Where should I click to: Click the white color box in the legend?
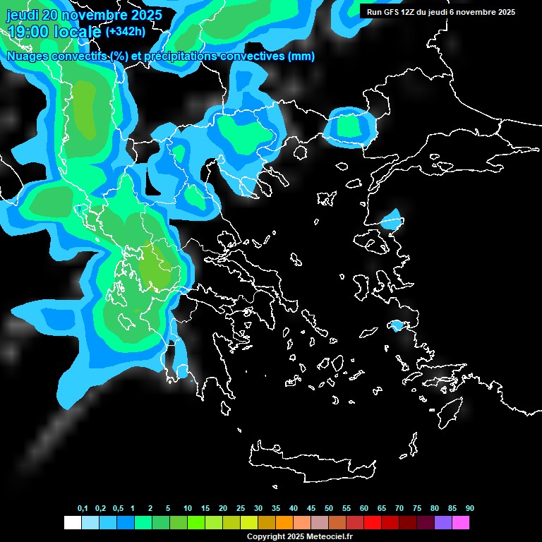tap(72, 523)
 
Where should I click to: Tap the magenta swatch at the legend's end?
tap(461, 523)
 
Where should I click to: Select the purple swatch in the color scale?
tap(443, 523)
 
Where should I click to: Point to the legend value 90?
tap(470, 509)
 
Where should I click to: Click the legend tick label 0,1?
tap(83, 509)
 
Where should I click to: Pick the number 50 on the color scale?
tap(329, 509)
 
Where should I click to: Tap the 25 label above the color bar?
tap(241, 509)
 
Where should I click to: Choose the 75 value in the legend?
tap(417, 509)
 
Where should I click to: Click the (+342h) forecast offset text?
tap(125, 32)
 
